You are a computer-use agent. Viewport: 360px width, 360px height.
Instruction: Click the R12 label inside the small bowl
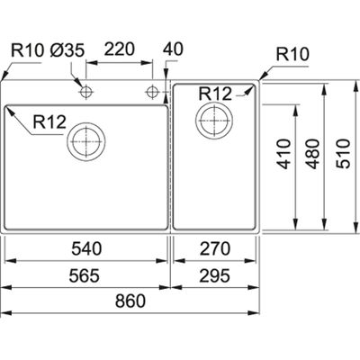coord(217,93)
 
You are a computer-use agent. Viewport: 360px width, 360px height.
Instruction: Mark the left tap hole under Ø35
coord(85,92)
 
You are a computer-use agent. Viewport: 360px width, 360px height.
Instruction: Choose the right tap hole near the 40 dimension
coord(153,92)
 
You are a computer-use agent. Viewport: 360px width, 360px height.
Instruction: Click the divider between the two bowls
coord(169,162)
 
